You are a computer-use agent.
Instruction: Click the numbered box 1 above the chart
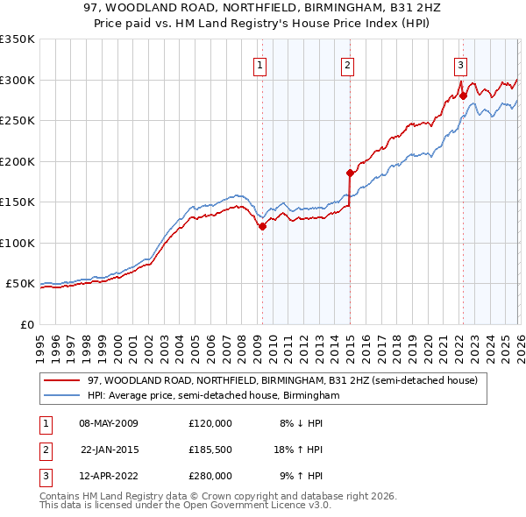tap(261, 64)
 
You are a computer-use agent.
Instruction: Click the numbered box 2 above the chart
tap(348, 64)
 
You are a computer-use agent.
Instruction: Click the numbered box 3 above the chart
tap(460, 64)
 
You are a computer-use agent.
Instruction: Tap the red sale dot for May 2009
tap(262, 226)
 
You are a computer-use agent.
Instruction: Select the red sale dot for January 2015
tap(350, 173)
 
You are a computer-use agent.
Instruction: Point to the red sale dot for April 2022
tap(462, 96)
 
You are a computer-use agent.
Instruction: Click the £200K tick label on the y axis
tap(18, 161)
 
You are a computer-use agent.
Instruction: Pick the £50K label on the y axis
tap(20, 284)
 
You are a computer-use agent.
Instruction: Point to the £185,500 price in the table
tap(210, 450)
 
